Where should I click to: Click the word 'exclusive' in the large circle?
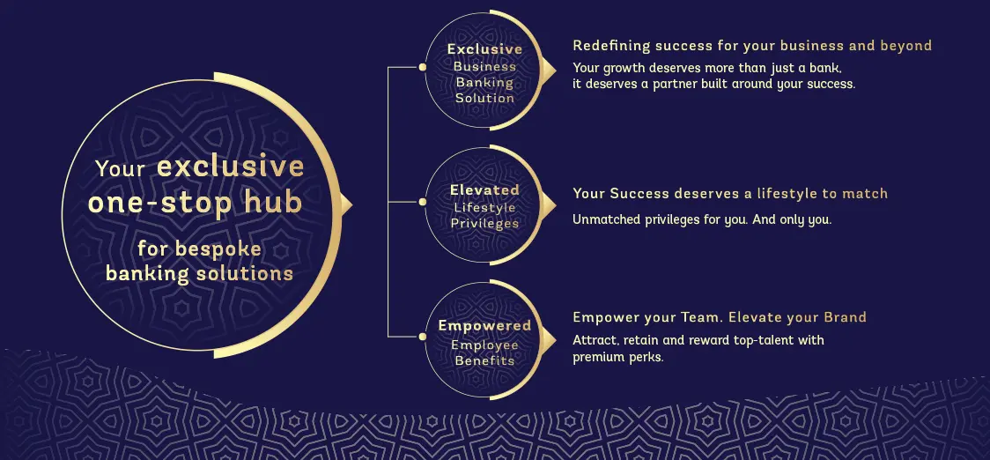tap(231, 167)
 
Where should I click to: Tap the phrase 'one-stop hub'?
tap(195, 203)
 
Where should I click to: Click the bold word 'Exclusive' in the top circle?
tap(484, 49)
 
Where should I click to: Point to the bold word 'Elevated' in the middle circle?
tap(484, 189)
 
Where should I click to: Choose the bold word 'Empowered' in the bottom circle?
tap(484, 326)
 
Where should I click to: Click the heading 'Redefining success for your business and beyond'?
tap(752, 46)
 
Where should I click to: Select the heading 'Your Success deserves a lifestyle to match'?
tap(730, 194)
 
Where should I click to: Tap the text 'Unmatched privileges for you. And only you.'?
tap(702, 219)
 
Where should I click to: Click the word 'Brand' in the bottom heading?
tap(845, 317)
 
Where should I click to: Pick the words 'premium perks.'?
tap(617, 357)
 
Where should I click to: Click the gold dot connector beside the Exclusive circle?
tap(423, 67)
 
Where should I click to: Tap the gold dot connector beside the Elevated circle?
tap(423, 202)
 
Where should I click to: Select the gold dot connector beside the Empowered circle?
tap(423, 336)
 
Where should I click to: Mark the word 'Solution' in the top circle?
tap(484, 99)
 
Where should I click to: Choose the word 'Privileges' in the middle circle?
tap(484, 224)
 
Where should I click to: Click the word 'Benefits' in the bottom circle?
tap(484, 360)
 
